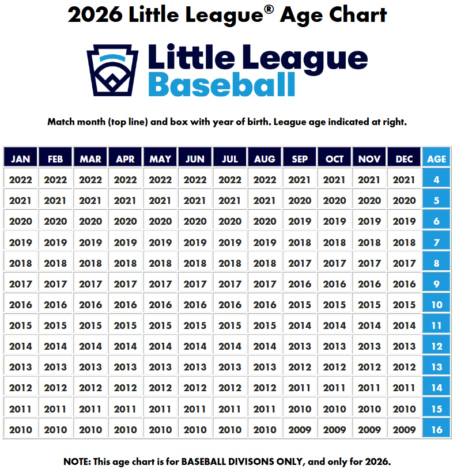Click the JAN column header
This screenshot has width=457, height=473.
21,159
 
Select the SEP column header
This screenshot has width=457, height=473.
300,159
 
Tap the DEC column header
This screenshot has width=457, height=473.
404,159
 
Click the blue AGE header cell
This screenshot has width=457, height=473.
436,159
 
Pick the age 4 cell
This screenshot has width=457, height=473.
436,180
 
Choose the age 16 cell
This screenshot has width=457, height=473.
436,429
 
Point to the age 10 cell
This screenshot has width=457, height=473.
436,305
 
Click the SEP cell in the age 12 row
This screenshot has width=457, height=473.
300,346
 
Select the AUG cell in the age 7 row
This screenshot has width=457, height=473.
265,243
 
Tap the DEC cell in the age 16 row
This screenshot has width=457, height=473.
404,429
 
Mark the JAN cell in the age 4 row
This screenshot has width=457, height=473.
21,180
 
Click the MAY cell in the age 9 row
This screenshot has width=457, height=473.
160,284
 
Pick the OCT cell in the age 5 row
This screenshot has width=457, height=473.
334,201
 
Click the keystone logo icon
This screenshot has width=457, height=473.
112,70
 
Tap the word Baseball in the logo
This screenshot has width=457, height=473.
222,85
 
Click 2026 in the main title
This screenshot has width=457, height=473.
95,15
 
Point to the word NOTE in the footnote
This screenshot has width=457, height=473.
77,461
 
